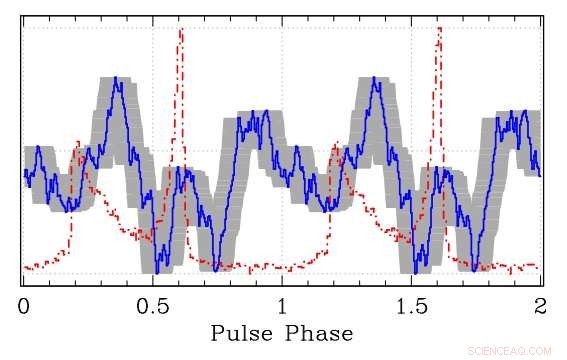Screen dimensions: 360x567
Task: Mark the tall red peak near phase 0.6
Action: pyautogui.click(x=181, y=30)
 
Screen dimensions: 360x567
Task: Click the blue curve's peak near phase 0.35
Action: pyautogui.click(x=116, y=78)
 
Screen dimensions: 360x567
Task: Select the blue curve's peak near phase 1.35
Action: pyautogui.click(x=375, y=78)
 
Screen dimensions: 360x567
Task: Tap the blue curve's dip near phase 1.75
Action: pyautogui.click(x=474, y=265)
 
